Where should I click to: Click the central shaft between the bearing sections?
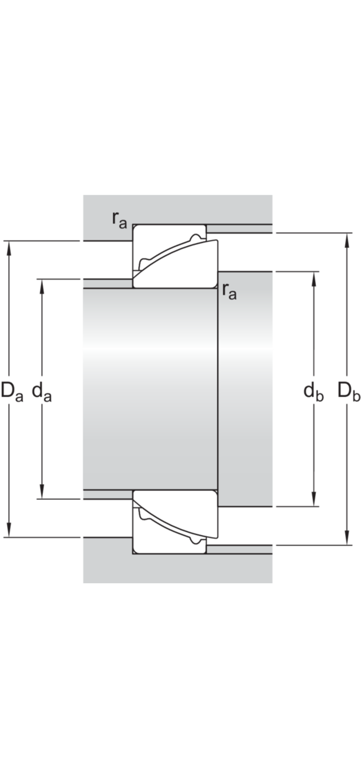point(150,389)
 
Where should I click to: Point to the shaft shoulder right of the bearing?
point(245,389)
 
